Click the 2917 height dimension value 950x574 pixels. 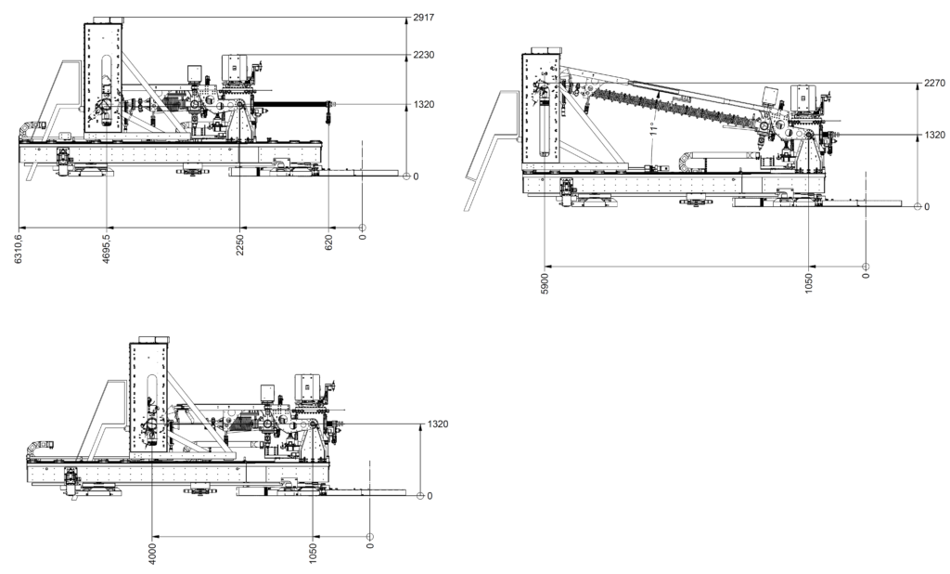[423, 18]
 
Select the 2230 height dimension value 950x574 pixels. [423, 55]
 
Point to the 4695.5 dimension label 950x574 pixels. [108, 249]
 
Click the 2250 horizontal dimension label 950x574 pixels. [239, 246]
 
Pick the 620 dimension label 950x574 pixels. [328, 243]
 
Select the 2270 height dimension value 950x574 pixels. [933, 82]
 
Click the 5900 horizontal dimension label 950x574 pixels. [546, 280]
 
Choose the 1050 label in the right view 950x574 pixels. [809, 280]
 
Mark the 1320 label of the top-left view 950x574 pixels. [423, 104]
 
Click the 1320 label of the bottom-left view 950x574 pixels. [437, 424]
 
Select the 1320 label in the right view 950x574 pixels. [933, 136]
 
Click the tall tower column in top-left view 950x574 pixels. [104, 84]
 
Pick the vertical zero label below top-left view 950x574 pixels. [362, 237]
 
